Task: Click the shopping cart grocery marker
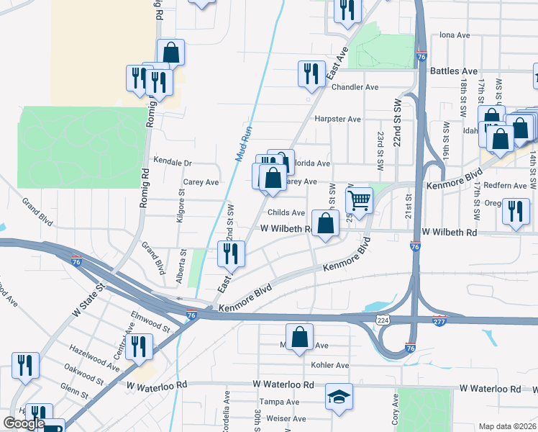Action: (359, 199)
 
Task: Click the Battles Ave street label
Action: (454, 71)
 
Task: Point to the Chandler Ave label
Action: (355, 87)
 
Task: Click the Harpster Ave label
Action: (337, 119)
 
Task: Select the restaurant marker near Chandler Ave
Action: (311, 73)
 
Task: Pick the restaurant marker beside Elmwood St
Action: (139, 346)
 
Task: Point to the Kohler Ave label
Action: (329, 366)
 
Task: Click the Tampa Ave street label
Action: (280, 402)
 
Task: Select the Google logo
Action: (24, 423)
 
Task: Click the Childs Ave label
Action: (286, 212)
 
